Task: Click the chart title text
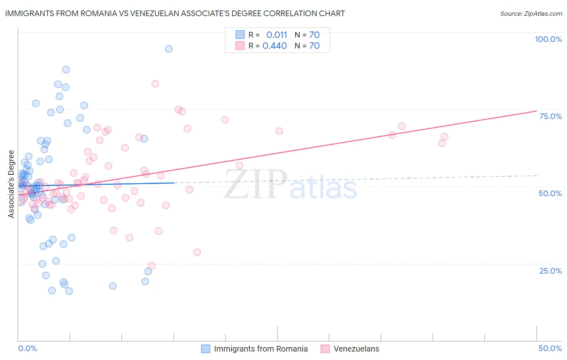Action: pyautogui.click(x=175, y=13)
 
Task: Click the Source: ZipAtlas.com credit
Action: pyautogui.click(x=531, y=13)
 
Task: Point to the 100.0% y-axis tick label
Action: pyautogui.click(x=548, y=39)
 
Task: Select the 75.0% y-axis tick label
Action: pyautogui.click(x=550, y=116)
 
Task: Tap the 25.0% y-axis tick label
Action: pyautogui.click(x=550, y=271)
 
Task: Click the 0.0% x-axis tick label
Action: pyautogui.click(x=27, y=348)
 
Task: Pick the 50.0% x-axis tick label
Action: pyautogui.click(x=550, y=348)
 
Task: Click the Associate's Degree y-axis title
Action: pyautogui.click(x=11, y=184)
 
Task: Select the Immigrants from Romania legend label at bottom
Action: pyautogui.click(x=261, y=349)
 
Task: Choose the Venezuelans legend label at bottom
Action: pyautogui.click(x=356, y=349)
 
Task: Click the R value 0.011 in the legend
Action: pyautogui.click(x=277, y=35)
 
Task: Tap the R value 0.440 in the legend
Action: pyautogui.click(x=275, y=46)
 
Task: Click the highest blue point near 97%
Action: pyautogui.click(x=169, y=49)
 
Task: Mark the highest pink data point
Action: pyautogui.click(x=155, y=84)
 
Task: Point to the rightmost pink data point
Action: pyautogui.click(x=444, y=136)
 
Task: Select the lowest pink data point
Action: pyautogui.click(x=152, y=266)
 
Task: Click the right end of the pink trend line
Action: pyautogui.click(x=536, y=111)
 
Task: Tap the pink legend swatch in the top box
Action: pyautogui.click(x=240, y=46)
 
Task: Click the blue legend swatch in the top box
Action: pyautogui.click(x=240, y=35)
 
